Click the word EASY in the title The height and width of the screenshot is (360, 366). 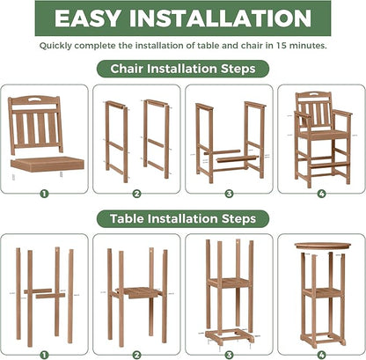click(95, 20)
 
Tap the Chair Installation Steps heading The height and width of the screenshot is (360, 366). click(183, 68)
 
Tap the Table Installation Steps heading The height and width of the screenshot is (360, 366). click(183, 217)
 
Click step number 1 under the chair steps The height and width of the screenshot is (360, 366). click(44, 194)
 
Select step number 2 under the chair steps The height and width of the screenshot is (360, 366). click(136, 194)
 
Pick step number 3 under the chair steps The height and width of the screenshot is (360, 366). click(228, 194)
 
